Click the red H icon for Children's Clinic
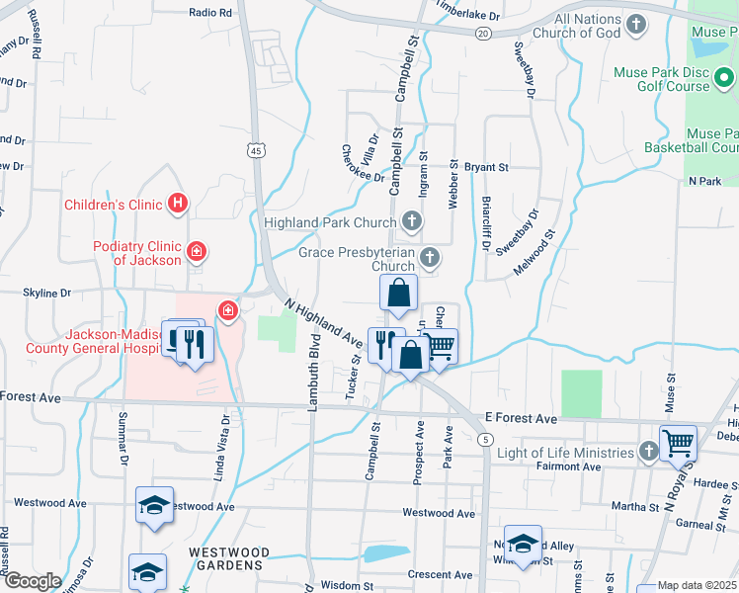tap(178, 205)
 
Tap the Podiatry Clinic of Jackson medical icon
tap(197, 253)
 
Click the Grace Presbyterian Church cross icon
tap(429, 259)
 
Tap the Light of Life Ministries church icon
tap(648, 452)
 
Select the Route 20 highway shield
tap(482, 33)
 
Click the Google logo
tap(32, 581)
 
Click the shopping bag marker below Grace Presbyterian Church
tap(398, 293)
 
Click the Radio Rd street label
tap(209, 13)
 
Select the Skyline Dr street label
tap(47, 294)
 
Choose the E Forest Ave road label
tap(521, 418)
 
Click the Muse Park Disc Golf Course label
tap(675, 79)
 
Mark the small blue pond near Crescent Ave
tap(386, 552)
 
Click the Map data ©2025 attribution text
tap(697, 585)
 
